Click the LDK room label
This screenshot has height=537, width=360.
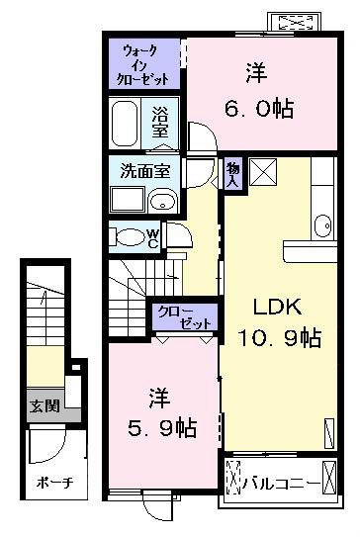(277, 307)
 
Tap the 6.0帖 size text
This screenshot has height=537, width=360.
(259, 109)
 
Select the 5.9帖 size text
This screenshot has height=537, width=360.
(162, 428)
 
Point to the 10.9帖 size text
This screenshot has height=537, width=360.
(280, 337)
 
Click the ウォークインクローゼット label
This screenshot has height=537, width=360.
(143, 65)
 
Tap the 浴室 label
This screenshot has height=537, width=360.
(160, 122)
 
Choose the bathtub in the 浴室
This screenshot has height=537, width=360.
(125, 124)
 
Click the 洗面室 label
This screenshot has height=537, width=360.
(145, 170)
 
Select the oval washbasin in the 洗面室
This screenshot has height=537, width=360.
(163, 200)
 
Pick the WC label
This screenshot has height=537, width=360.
(153, 238)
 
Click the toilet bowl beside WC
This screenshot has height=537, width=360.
(129, 237)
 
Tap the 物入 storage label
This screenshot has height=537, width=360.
(233, 174)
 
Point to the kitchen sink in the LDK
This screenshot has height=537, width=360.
(323, 225)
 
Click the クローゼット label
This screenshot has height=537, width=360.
(184, 317)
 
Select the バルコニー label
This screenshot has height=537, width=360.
(280, 484)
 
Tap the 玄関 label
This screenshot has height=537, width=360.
(45, 405)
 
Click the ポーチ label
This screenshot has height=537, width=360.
(54, 483)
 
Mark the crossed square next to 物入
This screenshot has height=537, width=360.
(263, 172)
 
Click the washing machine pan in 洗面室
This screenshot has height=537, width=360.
(128, 200)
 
